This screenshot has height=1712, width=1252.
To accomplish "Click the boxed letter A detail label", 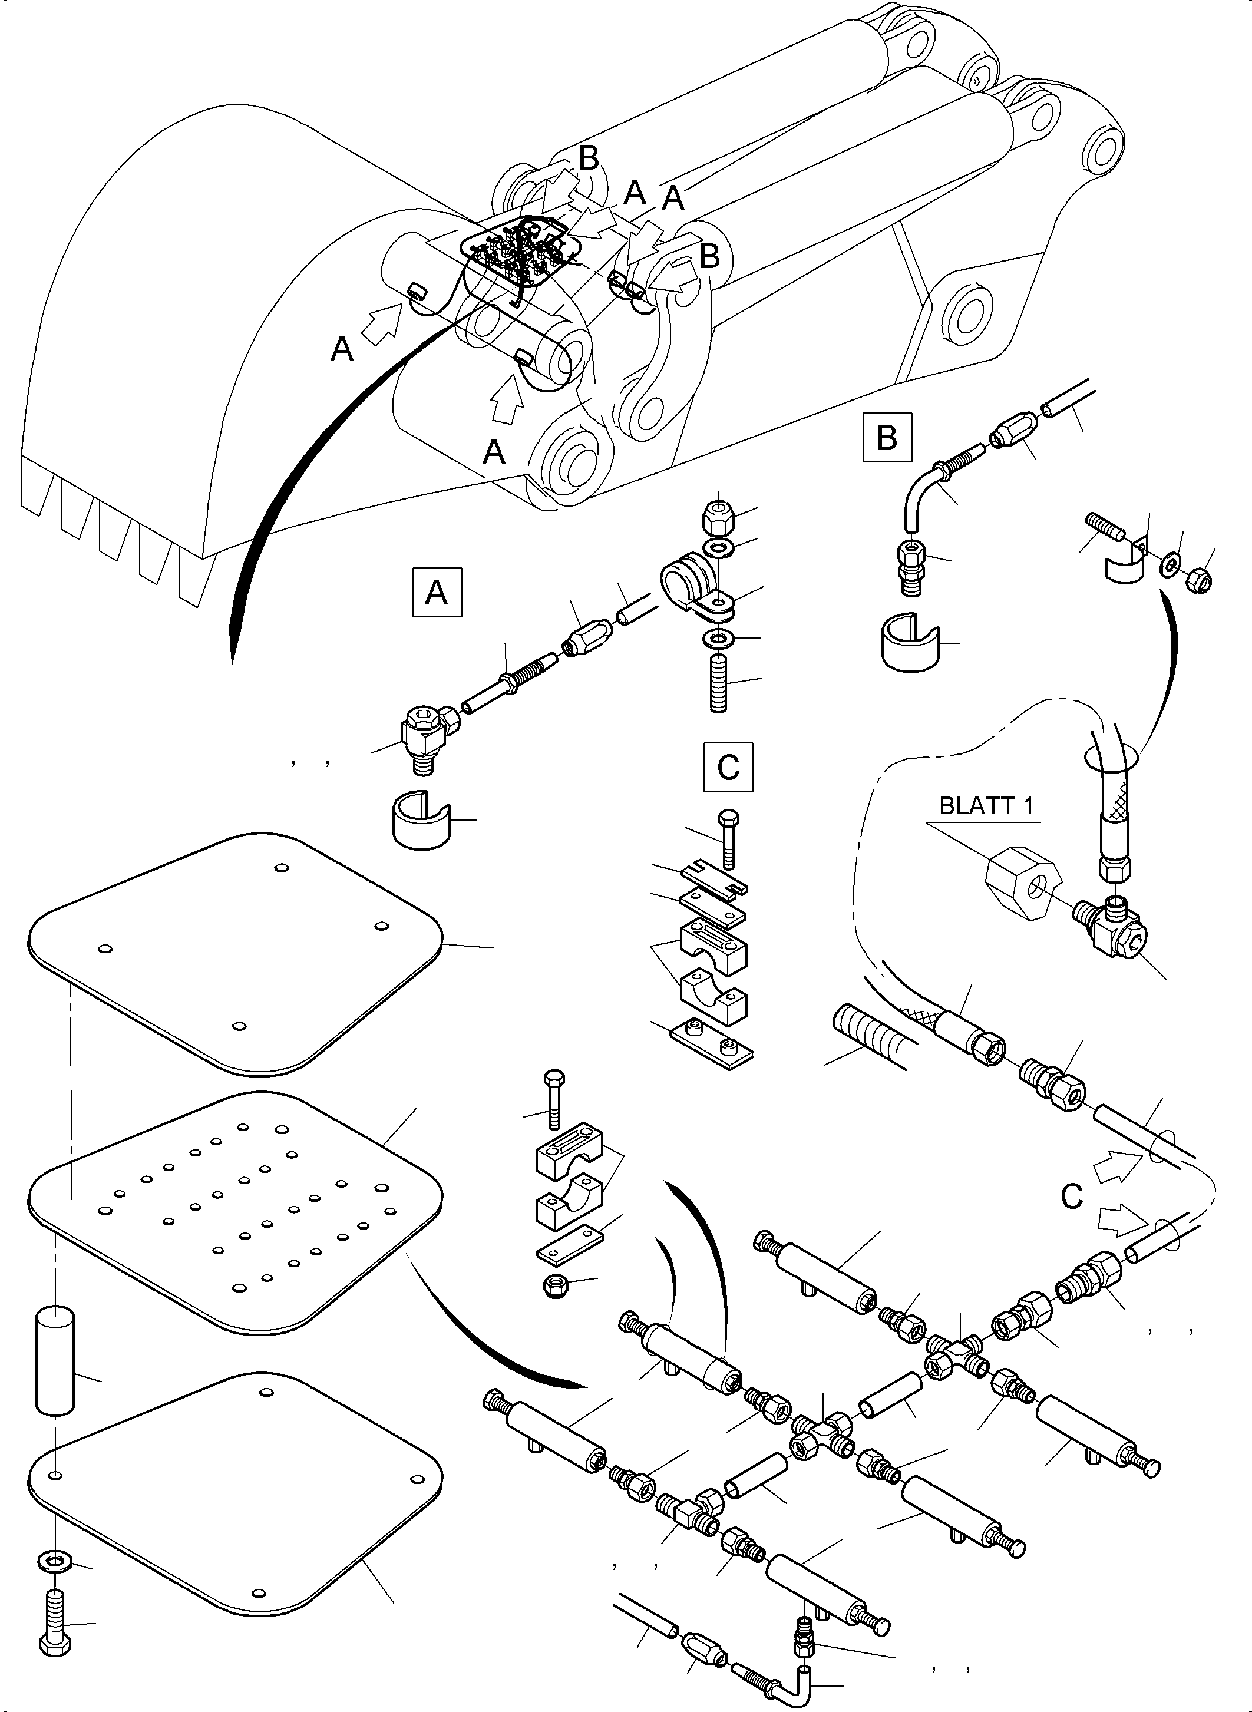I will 437,593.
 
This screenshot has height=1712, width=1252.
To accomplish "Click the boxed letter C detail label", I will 728,767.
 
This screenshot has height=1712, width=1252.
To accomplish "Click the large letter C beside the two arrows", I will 1072,1197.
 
